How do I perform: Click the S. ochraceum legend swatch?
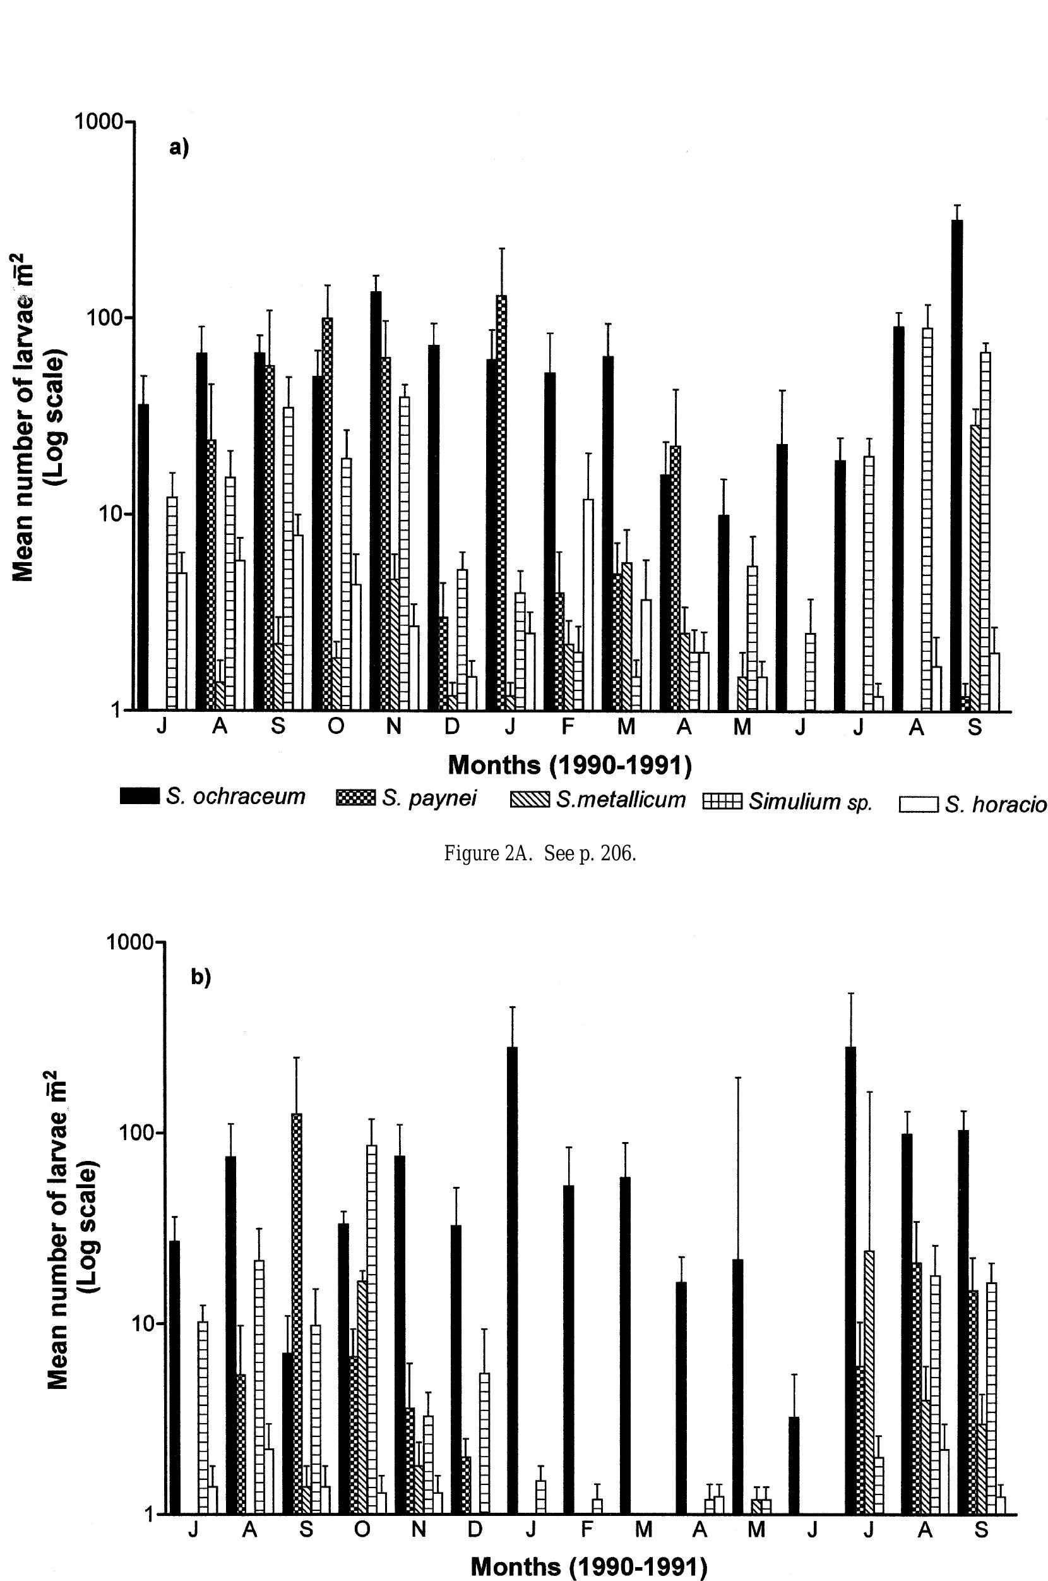[140, 795]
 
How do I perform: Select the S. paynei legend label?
[429, 798]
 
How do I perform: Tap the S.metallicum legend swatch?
[529, 799]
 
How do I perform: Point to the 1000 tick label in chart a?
[100, 122]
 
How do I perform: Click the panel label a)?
[179, 148]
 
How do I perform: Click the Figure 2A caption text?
[540, 854]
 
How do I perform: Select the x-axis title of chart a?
[569, 766]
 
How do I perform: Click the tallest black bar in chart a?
[957, 465]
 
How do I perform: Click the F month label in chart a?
[568, 727]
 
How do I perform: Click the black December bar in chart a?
[434, 527]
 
